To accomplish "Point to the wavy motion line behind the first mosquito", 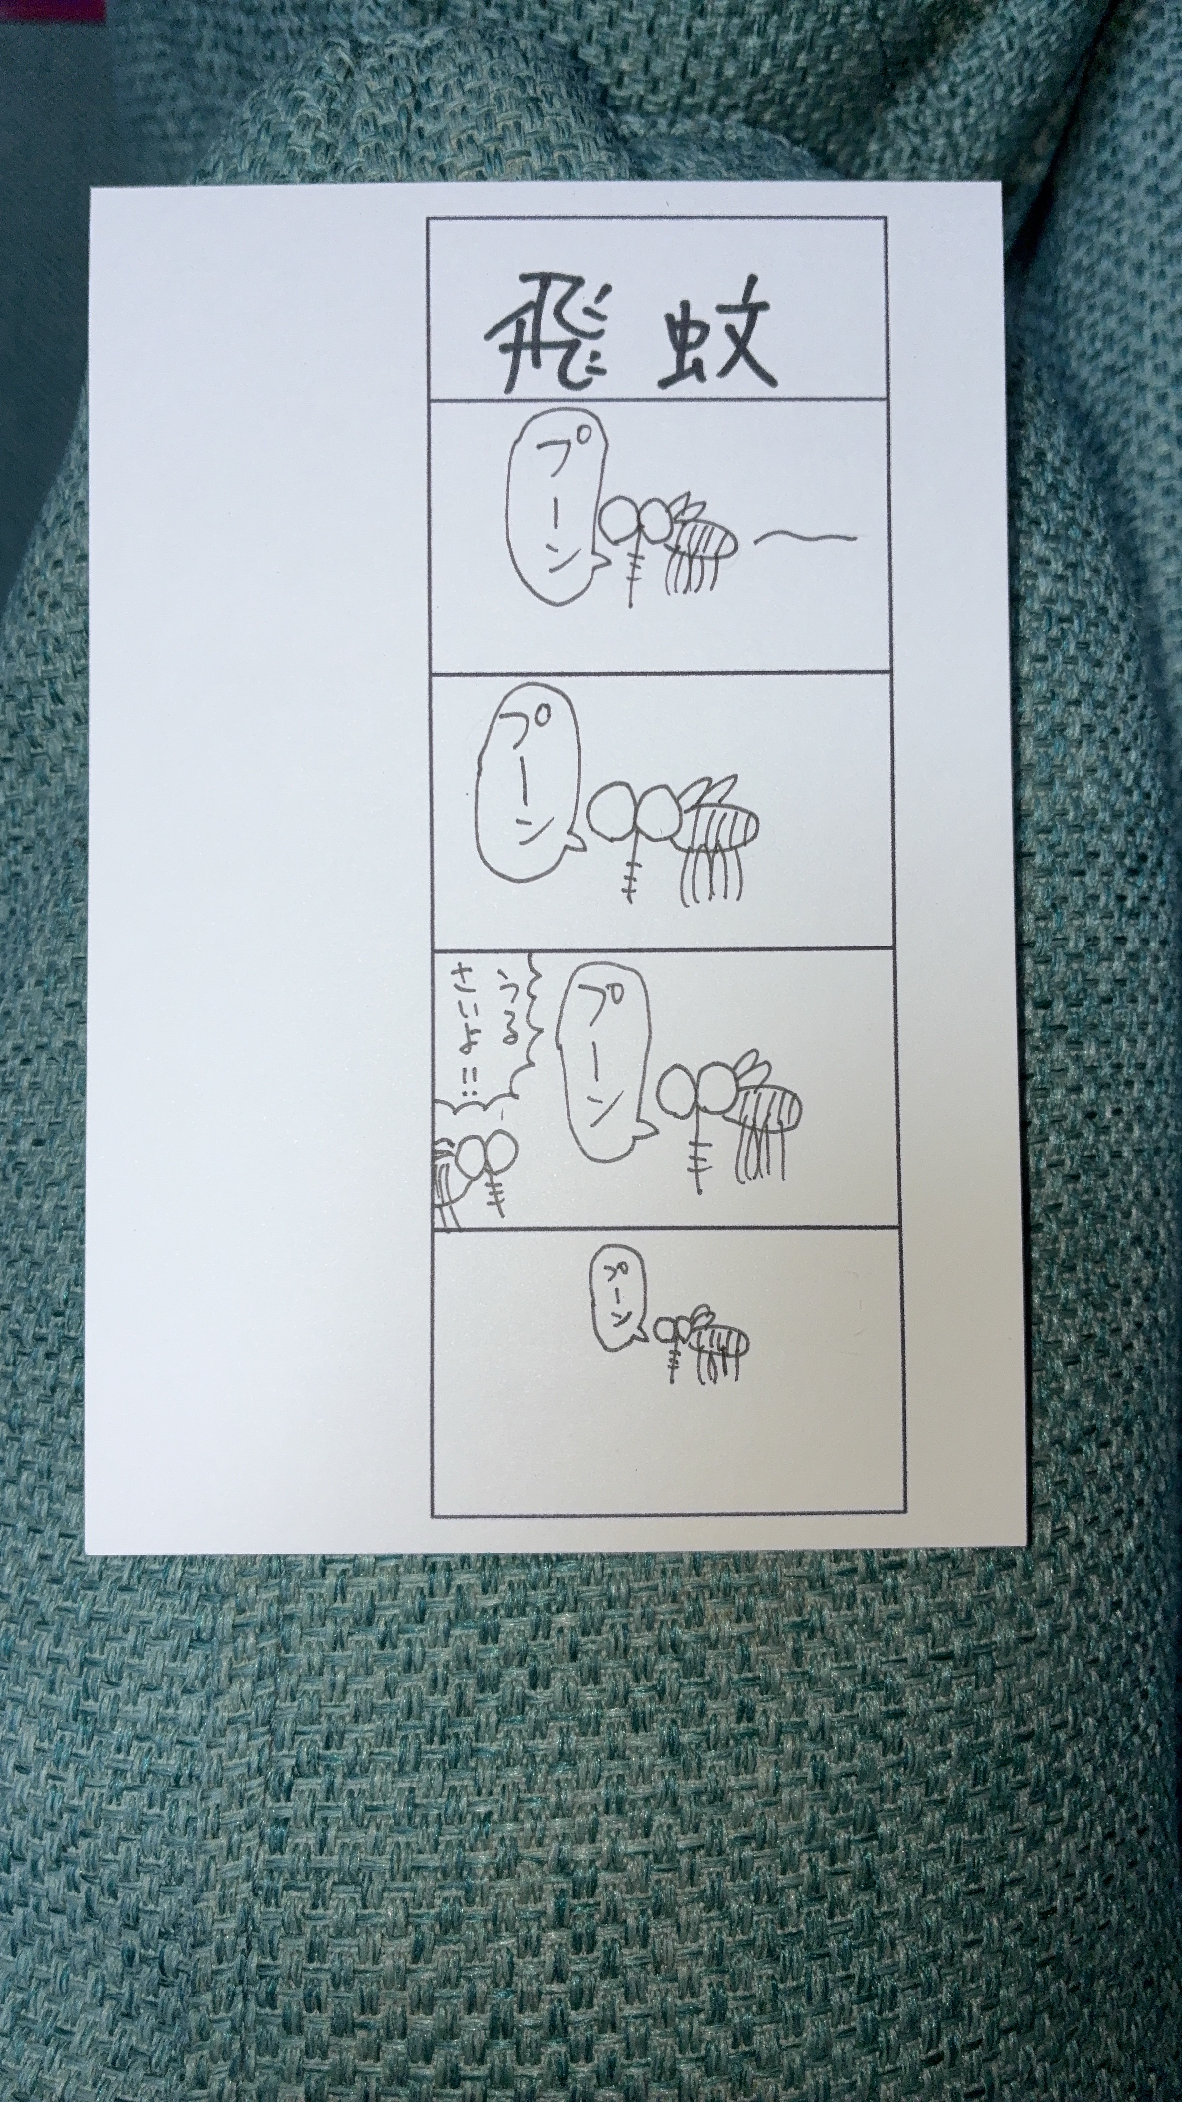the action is tap(807, 537).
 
